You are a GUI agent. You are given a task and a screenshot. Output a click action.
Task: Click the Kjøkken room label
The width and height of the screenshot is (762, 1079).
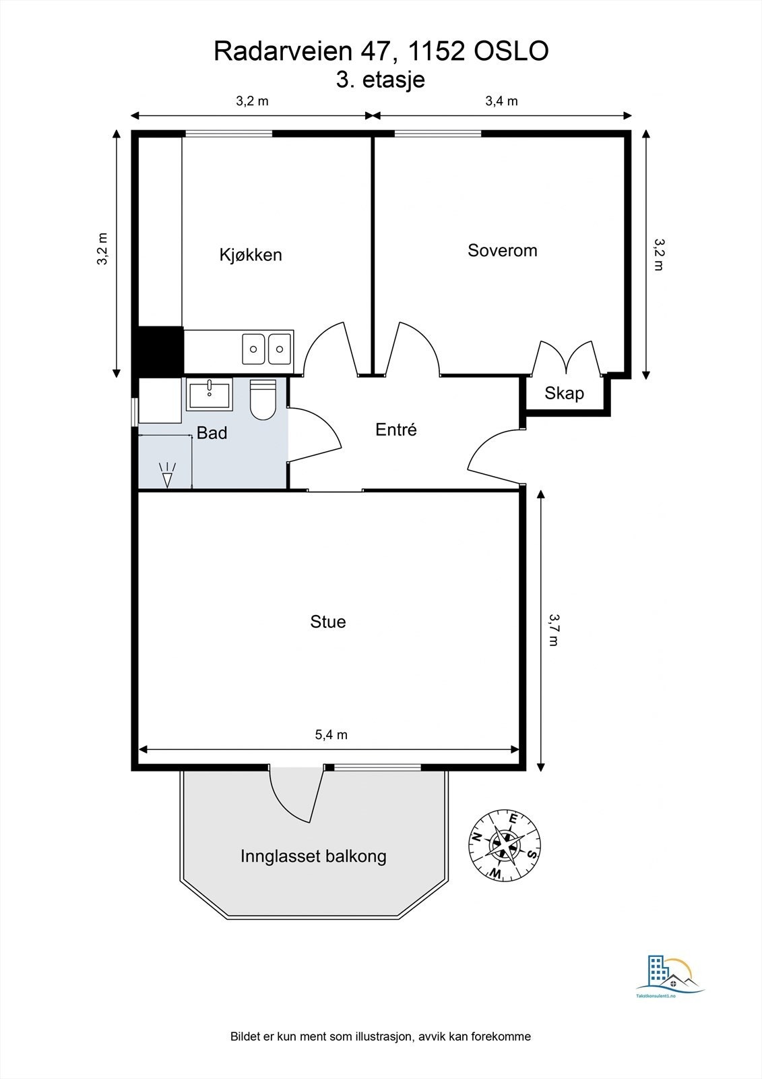tap(251, 255)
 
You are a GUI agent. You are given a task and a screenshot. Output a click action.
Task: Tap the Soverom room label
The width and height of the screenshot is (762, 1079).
tap(503, 250)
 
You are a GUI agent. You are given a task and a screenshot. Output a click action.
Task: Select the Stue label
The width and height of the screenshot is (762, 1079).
tap(328, 622)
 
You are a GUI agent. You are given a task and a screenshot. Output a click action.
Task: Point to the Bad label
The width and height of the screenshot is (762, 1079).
tap(212, 433)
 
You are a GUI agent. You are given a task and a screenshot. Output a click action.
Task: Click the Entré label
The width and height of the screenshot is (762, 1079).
tap(395, 429)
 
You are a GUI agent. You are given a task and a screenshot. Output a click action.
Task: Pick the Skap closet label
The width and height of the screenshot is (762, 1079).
tap(564, 394)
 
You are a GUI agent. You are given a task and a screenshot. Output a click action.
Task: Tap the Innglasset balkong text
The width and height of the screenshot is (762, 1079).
tap(313, 856)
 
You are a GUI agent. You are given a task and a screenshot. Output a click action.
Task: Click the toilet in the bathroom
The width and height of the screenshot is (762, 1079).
tap(263, 399)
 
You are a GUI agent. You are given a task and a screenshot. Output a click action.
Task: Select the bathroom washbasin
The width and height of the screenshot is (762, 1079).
tap(210, 395)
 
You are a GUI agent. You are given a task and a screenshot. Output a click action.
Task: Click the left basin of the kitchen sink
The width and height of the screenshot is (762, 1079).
tap(254, 349)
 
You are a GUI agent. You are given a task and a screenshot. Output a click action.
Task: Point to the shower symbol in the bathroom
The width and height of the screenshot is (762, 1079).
tap(167, 475)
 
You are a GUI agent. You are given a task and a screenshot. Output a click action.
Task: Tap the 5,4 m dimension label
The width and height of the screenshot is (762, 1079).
tap(331, 734)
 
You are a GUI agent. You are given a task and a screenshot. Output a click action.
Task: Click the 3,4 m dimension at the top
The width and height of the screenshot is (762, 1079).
tap(501, 100)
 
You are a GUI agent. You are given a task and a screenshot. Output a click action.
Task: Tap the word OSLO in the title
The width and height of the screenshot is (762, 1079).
tap(511, 51)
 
